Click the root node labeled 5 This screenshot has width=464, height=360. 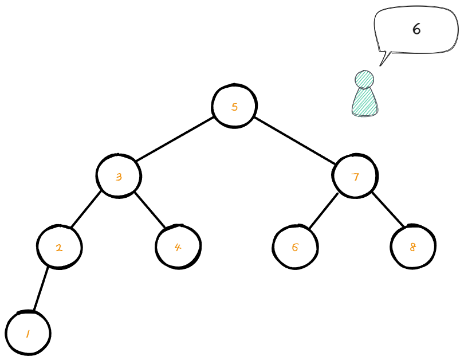coord(234,107)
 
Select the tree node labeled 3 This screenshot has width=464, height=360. coord(119,176)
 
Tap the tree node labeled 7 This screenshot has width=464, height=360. coord(355,176)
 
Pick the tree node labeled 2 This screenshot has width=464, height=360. coord(59,248)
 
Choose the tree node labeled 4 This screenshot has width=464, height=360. coord(178,247)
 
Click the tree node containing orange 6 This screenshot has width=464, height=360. coord(295,248)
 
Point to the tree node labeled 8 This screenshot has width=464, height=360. coord(412,247)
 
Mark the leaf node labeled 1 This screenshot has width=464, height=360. coord(28,333)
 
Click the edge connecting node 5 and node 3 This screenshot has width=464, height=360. coord(175,141)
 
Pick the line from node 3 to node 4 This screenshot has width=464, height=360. coord(150,210)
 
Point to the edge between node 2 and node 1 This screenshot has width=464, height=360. coord(41,289)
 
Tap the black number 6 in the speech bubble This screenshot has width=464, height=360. coord(416,29)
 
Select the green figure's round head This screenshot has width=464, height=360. coord(364,79)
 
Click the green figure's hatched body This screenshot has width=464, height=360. coord(364,102)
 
